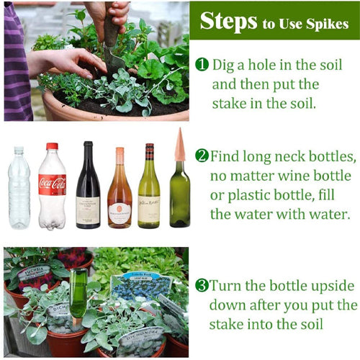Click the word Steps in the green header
pyautogui.click(x=228, y=22)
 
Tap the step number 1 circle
pyautogui.click(x=202, y=64)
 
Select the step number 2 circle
pyautogui.click(x=202, y=156)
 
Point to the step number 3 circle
pyautogui.click(x=202, y=285)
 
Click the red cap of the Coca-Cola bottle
pyautogui.click(x=52, y=146)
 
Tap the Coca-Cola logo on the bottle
pyautogui.click(x=53, y=184)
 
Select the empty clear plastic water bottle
pyautogui.click(x=19, y=187)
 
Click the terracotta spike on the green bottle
pyautogui.click(x=180, y=145)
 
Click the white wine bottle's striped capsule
pyautogui.click(x=150, y=152)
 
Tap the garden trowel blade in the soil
pyautogui.click(x=114, y=60)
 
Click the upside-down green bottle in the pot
pyautogui.click(x=78, y=292)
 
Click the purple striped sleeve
pyautogui.click(x=17, y=63)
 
